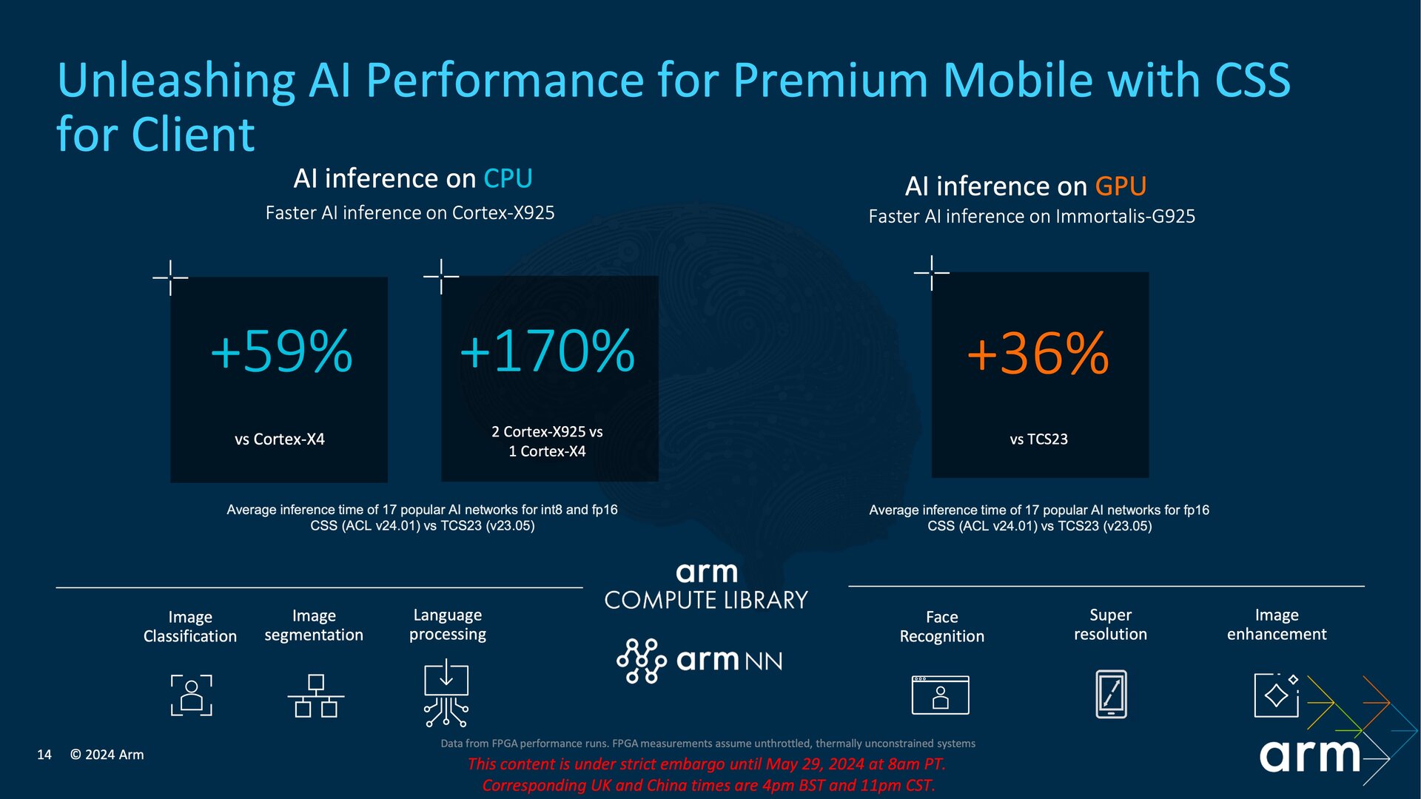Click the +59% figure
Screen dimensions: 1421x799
[x=281, y=351]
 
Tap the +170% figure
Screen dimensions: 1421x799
[x=547, y=351]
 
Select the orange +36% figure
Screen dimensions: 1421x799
[x=1038, y=354]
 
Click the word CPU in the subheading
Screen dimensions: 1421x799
[x=508, y=178]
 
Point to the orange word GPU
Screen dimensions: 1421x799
[x=1121, y=186]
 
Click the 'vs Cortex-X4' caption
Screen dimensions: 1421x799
[x=280, y=439]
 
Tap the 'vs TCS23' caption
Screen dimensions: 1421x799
[x=1038, y=439]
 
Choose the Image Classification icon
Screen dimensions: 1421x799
[x=192, y=695]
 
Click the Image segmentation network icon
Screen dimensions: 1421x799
[x=316, y=695]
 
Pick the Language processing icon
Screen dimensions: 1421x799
[x=446, y=695]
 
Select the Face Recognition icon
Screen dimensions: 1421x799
[x=941, y=695]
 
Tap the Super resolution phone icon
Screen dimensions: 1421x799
[x=1111, y=694]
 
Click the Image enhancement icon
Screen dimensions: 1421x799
[x=1277, y=695]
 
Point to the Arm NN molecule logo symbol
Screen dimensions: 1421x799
[x=641, y=660]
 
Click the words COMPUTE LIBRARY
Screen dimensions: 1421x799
[x=706, y=600]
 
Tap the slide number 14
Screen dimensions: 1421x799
[x=44, y=755]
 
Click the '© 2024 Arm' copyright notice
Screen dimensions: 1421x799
[x=107, y=755]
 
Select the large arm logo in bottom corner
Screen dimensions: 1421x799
[x=1309, y=755]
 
